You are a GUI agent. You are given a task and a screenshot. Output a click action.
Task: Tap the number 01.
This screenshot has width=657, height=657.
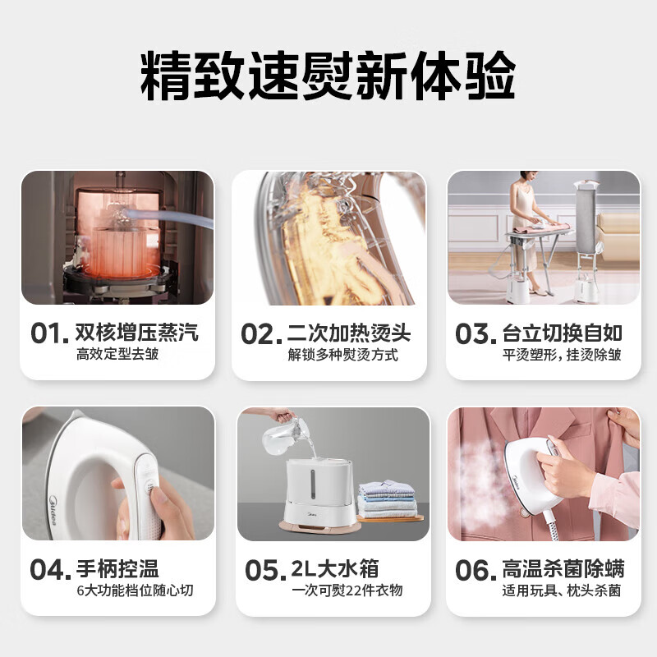point(48,333)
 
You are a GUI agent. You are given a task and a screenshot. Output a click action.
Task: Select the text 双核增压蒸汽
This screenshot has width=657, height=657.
point(136,333)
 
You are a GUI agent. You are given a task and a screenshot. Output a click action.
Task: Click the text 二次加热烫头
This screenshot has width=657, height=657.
point(349,333)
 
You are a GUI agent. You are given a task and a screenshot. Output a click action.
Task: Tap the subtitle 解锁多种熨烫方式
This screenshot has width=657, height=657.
point(342,355)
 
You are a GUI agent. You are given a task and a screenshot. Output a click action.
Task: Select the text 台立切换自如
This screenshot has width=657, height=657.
point(562,333)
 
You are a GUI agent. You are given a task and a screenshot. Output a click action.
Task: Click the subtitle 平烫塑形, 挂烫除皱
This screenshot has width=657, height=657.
point(562,355)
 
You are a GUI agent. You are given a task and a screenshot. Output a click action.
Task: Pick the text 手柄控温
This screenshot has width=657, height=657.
point(117,568)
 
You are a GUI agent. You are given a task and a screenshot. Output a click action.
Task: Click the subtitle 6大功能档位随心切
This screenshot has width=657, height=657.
point(134,590)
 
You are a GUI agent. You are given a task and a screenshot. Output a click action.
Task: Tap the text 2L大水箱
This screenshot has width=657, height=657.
point(333,568)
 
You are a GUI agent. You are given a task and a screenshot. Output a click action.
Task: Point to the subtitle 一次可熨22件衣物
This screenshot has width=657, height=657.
point(345,590)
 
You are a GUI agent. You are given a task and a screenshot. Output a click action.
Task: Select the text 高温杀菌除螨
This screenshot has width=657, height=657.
point(562,568)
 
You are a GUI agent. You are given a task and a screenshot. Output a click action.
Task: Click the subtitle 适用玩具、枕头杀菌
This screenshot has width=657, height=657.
point(562,590)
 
